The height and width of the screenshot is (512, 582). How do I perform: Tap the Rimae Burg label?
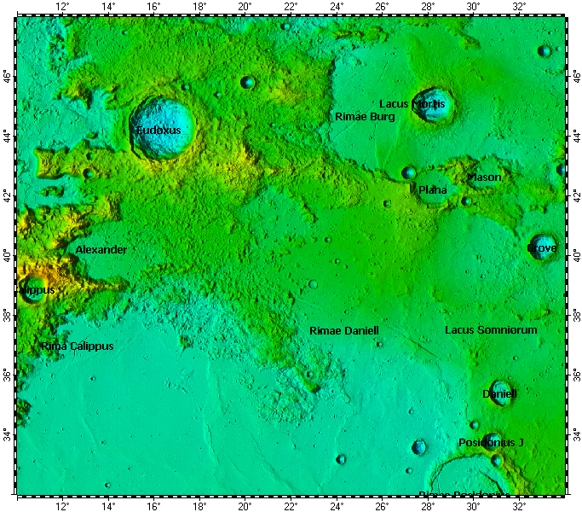click(365, 116)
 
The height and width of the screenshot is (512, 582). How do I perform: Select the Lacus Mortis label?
click(412, 104)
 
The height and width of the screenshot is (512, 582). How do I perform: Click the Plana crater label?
click(432, 189)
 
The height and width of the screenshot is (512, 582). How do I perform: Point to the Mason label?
click(483, 177)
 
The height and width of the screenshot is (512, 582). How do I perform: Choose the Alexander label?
click(101, 250)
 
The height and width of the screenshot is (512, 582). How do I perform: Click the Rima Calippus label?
click(77, 346)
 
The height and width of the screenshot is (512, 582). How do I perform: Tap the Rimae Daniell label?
click(343, 330)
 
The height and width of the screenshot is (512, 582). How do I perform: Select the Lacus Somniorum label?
click(491, 329)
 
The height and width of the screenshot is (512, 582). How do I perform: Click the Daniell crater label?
click(499, 394)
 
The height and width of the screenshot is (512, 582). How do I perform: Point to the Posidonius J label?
click(491, 443)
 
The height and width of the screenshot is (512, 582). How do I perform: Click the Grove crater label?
click(542, 248)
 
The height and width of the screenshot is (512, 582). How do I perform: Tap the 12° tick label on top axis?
click(62, 6)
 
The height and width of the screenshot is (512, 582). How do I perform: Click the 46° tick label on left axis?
click(8, 77)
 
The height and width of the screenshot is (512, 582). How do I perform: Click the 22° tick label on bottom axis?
click(290, 505)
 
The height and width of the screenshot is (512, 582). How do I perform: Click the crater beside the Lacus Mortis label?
click(432, 105)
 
